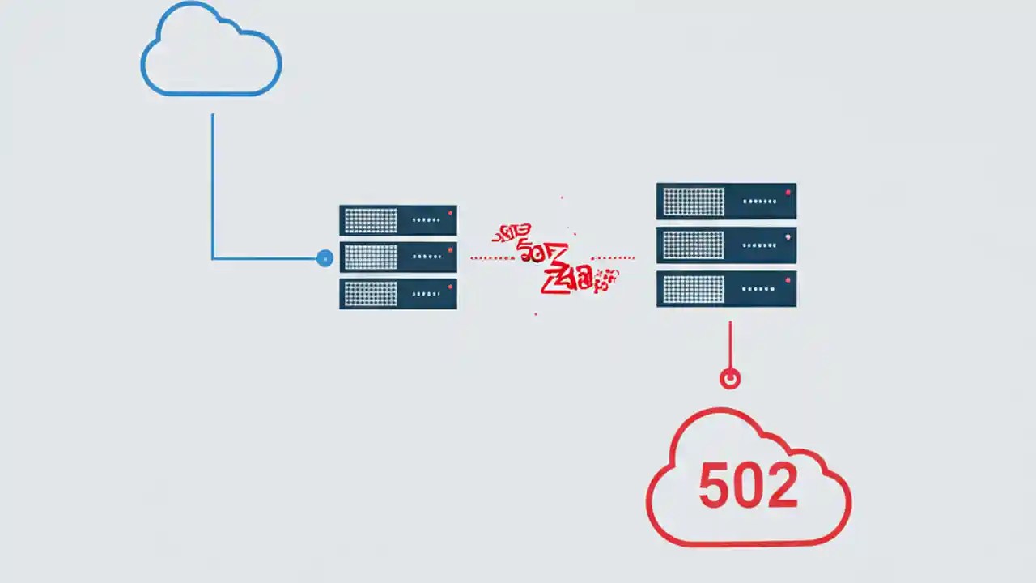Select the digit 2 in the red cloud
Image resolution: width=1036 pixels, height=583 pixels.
(x=781, y=486)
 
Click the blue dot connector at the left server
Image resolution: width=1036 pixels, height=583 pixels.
(x=325, y=258)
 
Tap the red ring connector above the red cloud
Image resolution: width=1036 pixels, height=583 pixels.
(x=730, y=378)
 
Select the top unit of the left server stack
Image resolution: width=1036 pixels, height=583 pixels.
(x=397, y=219)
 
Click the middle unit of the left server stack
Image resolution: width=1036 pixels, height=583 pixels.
(x=397, y=257)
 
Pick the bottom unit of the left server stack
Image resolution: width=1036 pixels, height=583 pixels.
(x=397, y=294)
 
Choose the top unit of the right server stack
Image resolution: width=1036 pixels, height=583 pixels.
(x=726, y=201)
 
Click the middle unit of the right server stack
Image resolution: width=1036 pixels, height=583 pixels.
(x=726, y=245)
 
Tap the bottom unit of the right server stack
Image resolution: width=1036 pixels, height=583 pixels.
(x=726, y=289)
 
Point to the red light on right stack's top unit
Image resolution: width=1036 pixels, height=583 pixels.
(x=788, y=193)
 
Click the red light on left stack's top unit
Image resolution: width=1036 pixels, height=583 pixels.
(x=450, y=214)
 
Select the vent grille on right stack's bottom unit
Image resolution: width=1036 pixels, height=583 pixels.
(x=694, y=289)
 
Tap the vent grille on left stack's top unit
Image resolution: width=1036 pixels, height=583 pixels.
(x=371, y=220)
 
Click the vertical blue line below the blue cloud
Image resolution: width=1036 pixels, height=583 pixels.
(x=213, y=186)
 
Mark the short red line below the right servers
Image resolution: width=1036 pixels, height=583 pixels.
(x=730, y=344)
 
